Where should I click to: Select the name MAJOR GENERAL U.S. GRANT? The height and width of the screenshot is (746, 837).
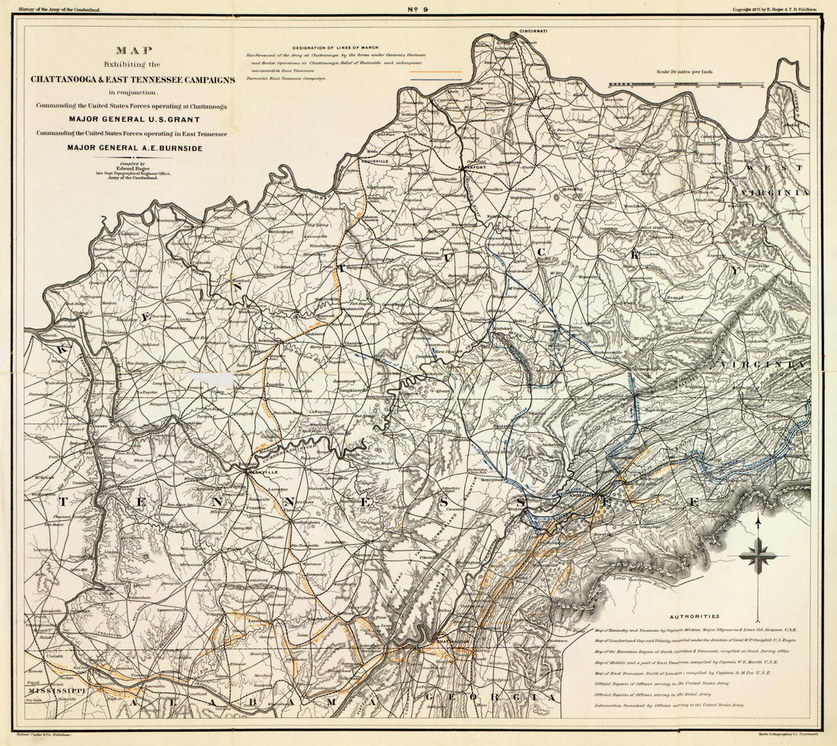coord(133,119)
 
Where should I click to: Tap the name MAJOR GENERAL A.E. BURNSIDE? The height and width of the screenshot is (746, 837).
coord(135,148)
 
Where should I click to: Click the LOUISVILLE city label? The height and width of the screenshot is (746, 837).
coord(374,161)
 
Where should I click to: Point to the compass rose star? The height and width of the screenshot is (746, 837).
coord(758,556)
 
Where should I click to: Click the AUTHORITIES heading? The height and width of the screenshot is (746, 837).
coord(693,617)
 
